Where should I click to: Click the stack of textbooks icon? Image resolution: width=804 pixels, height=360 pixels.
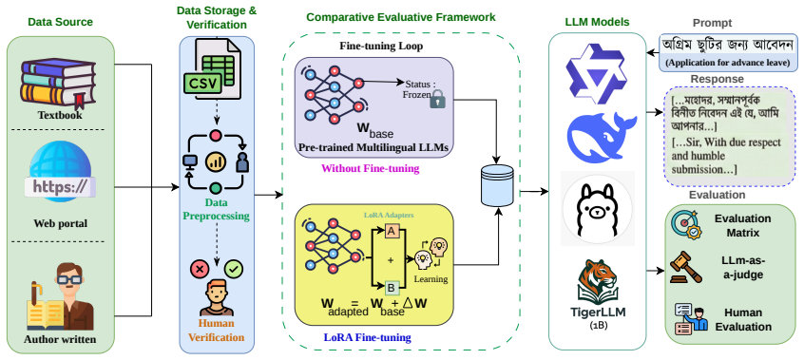pyautogui.click(x=57, y=83)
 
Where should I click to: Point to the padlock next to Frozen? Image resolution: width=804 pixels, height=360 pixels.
pyautogui.click(x=437, y=98)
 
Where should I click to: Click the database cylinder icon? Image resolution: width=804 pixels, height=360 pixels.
pyautogui.click(x=497, y=183)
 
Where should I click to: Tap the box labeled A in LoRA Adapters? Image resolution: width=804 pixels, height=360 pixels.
pyautogui.click(x=392, y=232)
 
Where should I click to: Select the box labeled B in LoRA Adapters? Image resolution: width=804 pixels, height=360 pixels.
pyautogui.click(x=391, y=288)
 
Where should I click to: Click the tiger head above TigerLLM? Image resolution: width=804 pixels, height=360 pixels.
pyautogui.click(x=598, y=278)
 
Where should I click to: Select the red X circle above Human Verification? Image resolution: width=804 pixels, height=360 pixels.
pyautogui.click(x=199, y=268)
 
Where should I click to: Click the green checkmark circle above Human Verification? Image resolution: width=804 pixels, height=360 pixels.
pyautogui.click(x=235, y=268)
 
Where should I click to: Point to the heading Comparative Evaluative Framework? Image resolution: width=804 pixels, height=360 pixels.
pyautogui.click(x=401, y=17)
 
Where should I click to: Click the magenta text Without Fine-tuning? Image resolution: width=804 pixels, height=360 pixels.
pyautogui.click(x=371, y=168)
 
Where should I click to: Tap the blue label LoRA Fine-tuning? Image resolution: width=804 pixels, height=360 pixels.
pyautogui.click(x=367, y=337)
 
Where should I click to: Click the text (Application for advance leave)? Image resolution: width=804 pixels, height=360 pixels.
pyautogui.click(x=731, y=63)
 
